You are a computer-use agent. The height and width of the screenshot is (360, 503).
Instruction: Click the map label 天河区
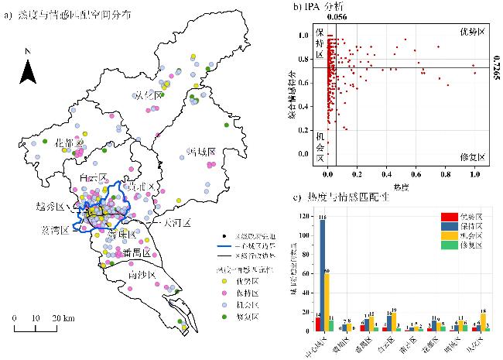coord(176,222)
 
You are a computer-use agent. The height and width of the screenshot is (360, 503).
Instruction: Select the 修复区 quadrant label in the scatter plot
coord(470,156)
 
